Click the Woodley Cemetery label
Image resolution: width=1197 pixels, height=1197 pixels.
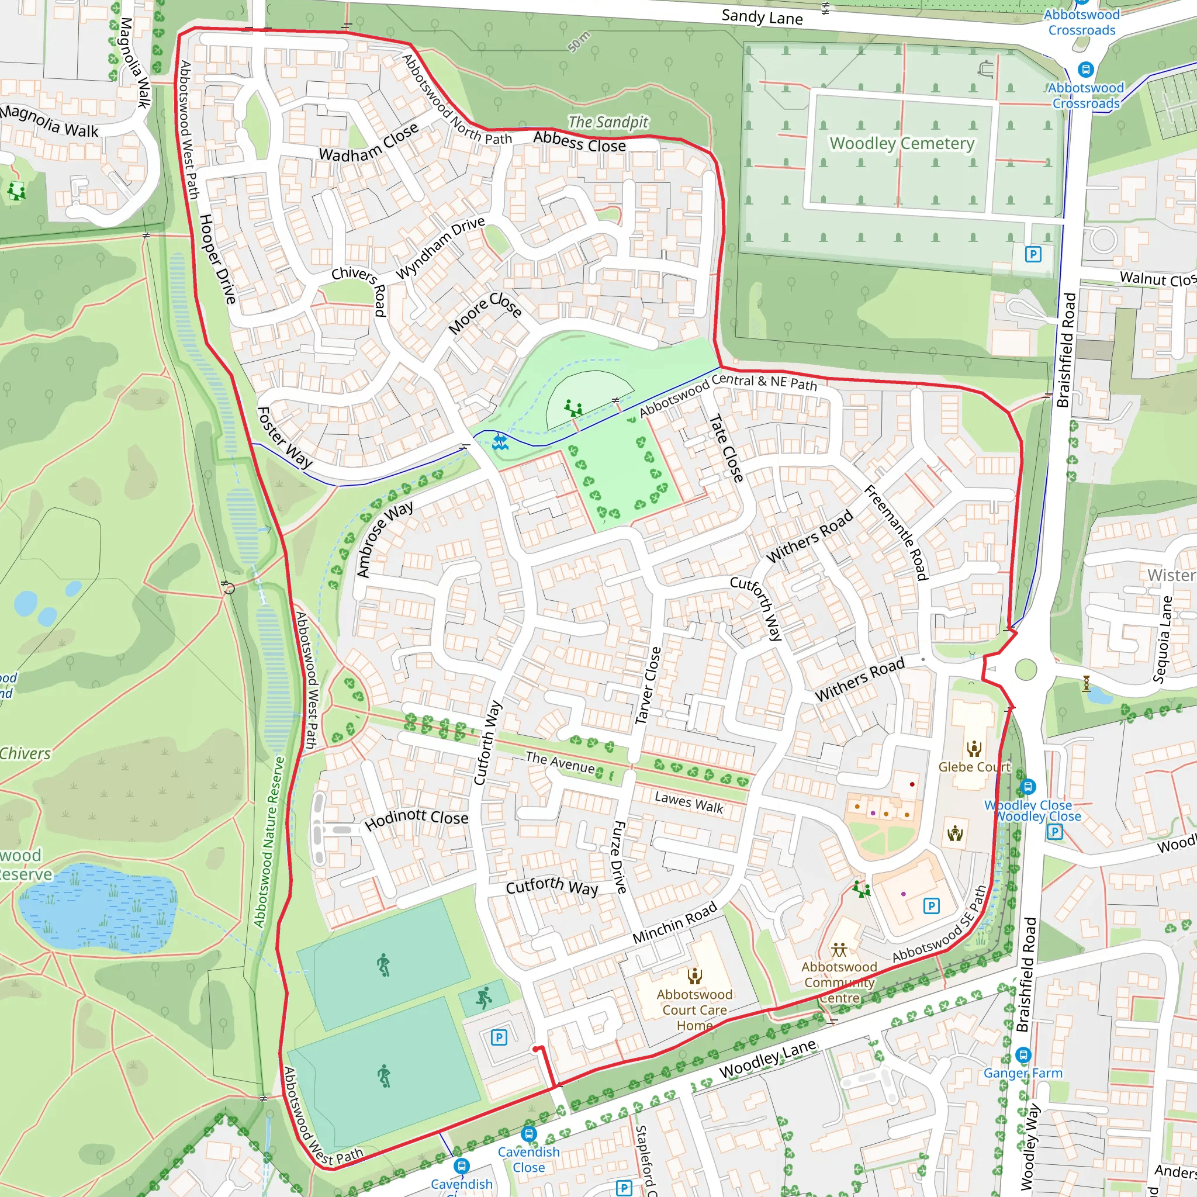click(x=901, y=144)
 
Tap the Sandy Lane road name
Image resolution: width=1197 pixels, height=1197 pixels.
click(x=762, y=17)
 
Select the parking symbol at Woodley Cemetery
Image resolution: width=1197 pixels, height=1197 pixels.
click(x=1033, y=254)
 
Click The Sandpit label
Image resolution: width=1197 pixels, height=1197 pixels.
click(x=608, y=122)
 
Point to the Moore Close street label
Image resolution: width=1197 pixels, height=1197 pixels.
click(x=485, y=313)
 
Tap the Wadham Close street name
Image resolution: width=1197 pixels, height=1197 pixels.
click(x=369, y=143)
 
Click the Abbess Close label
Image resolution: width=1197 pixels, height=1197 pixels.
click(x=579, y=142)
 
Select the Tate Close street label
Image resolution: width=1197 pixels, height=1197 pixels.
click(x=726, y=448)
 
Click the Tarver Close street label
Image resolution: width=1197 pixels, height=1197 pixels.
click(x=648, y=685)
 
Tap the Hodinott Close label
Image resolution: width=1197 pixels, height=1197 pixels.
click(x=416, y=819)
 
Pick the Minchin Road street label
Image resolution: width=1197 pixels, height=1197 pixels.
click(x=674, y=922)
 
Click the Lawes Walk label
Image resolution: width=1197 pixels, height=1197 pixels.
click(x=689, y=803)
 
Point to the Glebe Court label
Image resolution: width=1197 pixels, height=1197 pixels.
click(x=974, y=767)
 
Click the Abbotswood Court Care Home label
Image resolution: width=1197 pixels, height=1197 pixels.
click(x=694, y=1011)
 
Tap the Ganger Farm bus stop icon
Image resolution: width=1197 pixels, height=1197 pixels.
click(x=1023, y=1054)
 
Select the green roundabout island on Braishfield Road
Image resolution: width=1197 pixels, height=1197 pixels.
click(x=1026, y=670)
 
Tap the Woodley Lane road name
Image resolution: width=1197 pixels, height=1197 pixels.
click(x=767, y=1059)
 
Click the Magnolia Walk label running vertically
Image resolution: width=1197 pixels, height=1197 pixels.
click(x=135, y=63)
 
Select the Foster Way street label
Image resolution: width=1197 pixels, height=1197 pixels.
click(x=285, y=437)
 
